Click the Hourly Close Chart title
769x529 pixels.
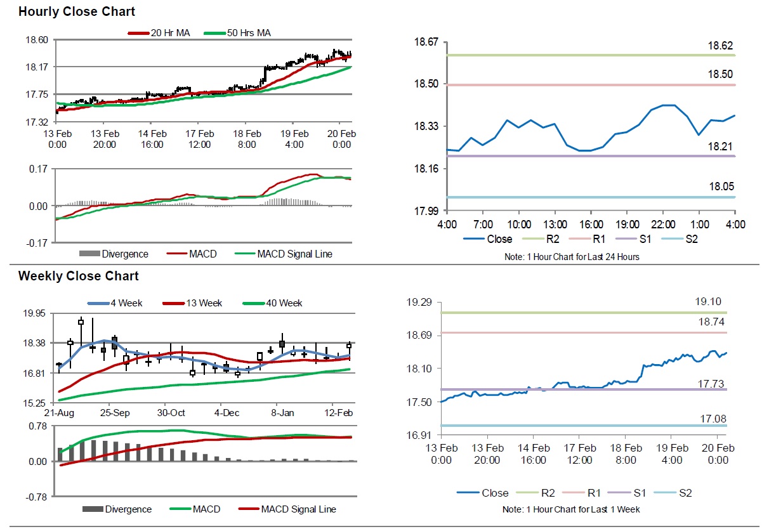pyautogui.click(x=76, y=11)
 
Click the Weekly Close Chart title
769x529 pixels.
pyautogui.click(x=78, y=276)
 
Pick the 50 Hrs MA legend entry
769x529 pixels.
pyautogui.click(x=248, y=32)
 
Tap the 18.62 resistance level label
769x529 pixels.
pyautogui.click(x=720, y=46)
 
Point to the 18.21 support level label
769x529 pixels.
pyautogui.click(x=720, y=147)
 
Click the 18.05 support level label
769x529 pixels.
pyautogui.click(x=720, y=187)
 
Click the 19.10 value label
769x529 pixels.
pyautogui.click(x=707, y=302)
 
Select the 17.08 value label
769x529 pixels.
pyautogui.click(x=707, y=419)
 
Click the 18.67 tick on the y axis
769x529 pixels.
pyautogui.click(x=426, y=42)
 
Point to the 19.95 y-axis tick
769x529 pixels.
pyautogui.click(x=35, y=313)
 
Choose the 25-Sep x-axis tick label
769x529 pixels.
pyautogui.click(x=115, y=413)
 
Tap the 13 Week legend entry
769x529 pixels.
pyautogui.click(x=200, y=303)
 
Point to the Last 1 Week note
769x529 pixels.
pyautogui.click(x=571, y=509)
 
